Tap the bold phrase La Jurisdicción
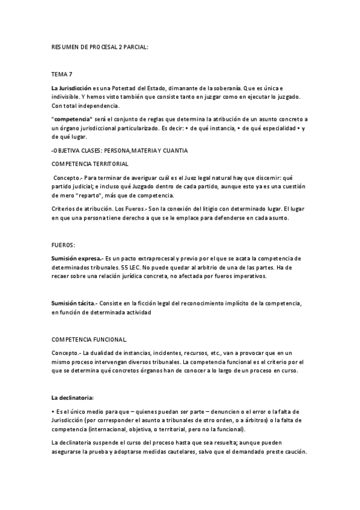[72, 88]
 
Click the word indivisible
[66, 97]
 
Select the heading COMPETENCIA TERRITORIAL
[90, 164]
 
